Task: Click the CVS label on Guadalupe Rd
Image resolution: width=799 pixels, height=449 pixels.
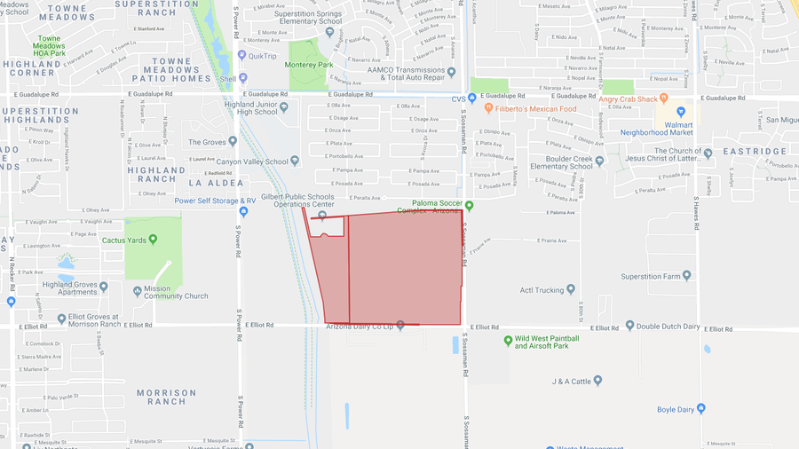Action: [458, 99]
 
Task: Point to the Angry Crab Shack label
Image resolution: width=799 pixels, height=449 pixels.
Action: [628, 99]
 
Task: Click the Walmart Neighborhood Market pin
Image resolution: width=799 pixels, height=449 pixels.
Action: [681, 112]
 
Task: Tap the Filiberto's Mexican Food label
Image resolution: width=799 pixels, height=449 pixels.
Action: [537, 109]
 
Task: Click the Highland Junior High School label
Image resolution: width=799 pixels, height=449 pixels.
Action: [245, 106]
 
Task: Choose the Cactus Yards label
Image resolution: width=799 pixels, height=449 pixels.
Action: [123, 240]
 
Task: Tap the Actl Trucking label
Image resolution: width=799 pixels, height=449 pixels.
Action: [541, 289]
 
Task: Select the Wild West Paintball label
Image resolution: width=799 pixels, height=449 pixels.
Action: [547, 343]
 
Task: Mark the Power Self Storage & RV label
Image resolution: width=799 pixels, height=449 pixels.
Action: [215, 201]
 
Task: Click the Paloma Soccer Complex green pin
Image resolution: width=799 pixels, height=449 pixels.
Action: [470, 207]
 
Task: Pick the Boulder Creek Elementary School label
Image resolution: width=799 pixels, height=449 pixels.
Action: [561, 162]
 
